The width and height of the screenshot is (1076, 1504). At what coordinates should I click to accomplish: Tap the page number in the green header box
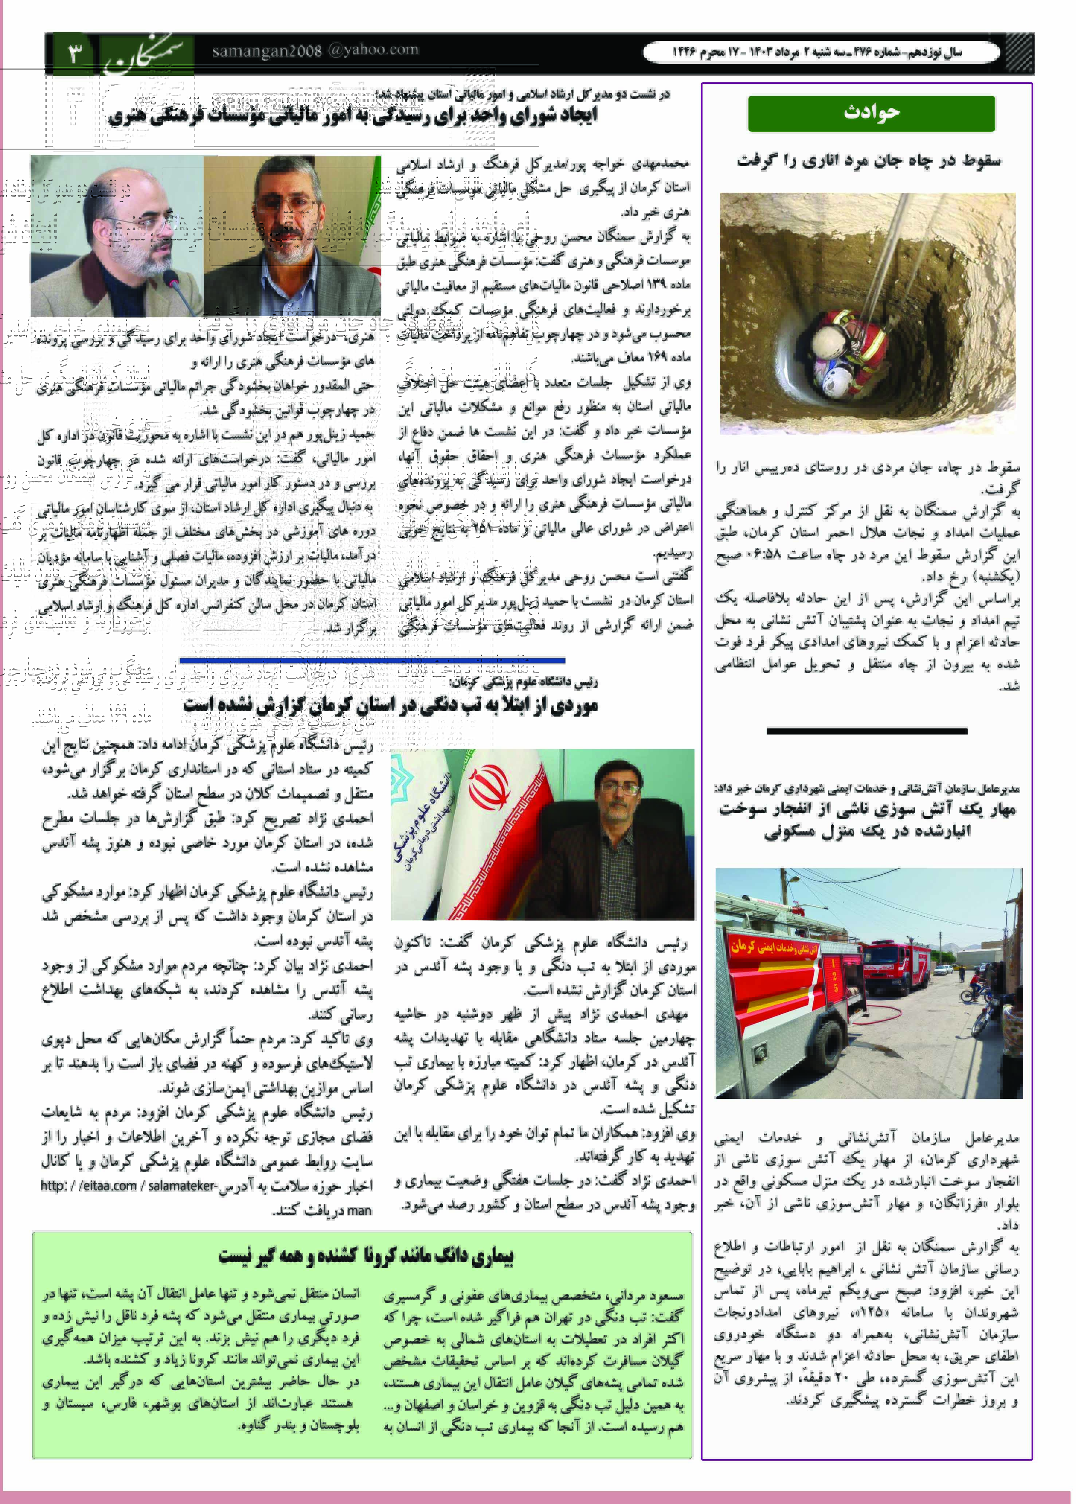tap(74, 52)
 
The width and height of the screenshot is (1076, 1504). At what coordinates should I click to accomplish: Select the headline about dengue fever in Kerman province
tap(391, 706)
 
